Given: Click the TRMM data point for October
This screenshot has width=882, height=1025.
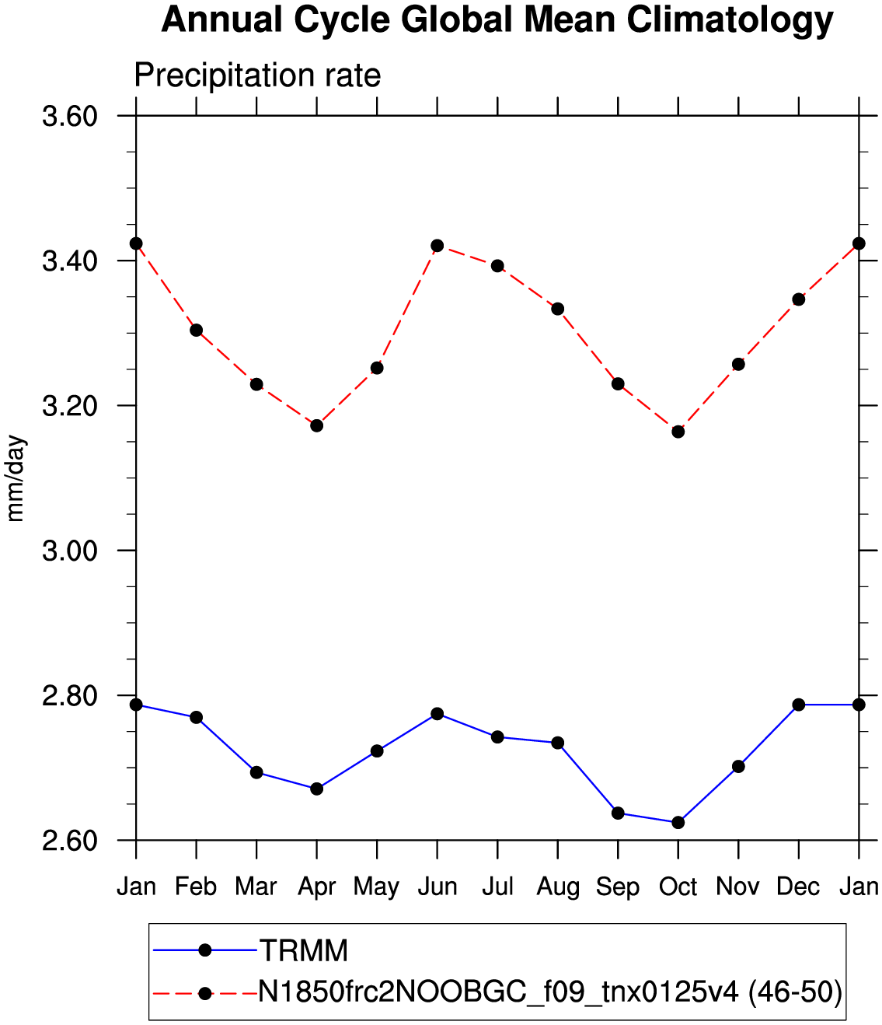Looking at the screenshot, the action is [678, 822].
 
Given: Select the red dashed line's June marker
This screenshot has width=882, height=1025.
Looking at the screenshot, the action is [437, 246].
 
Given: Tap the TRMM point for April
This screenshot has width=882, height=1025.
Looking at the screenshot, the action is [316, 789].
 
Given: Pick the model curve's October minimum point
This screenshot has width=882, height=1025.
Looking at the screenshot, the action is [678, 432].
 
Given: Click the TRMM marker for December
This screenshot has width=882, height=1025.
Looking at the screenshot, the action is [798, 704].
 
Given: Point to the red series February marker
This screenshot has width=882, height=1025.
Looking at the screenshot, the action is [197, 331].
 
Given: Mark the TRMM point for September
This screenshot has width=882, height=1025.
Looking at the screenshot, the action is [618, 813].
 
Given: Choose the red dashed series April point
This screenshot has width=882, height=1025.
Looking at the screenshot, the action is [316, 425].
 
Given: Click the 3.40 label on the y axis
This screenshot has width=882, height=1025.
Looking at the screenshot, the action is [69, 261].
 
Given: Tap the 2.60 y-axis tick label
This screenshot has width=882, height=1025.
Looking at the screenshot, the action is [69, 841].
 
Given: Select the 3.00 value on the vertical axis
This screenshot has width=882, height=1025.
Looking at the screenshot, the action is [69, 551].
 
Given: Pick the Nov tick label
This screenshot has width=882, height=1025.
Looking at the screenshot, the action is [737, 887].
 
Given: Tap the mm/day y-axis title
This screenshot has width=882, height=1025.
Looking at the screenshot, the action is [16, 478].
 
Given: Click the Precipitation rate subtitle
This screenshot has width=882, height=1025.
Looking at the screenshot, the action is [258, 75].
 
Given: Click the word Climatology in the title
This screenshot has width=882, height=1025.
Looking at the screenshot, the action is [730, 21].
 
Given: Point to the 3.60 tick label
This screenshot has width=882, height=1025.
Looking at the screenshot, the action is [69, 117].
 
